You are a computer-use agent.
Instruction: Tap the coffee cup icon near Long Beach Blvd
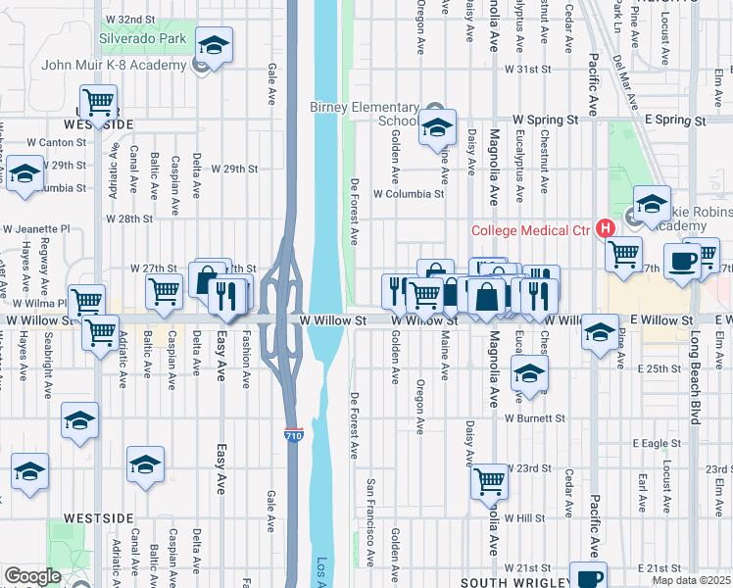(682, 262)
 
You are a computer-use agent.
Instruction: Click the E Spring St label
(674, 120)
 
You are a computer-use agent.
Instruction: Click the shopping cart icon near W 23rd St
(489, 480)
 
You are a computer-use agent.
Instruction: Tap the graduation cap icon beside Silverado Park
(214, 45)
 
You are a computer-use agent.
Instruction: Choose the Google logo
(32, 575)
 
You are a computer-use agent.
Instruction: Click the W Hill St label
(524, 517)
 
